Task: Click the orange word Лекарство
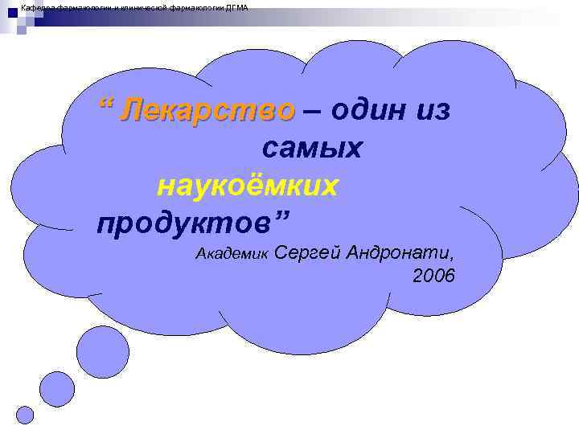(207, 110)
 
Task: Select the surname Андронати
(399, 254)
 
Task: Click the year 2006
(434, 276)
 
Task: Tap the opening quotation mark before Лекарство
(105, 104)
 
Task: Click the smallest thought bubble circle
(26, 415)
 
